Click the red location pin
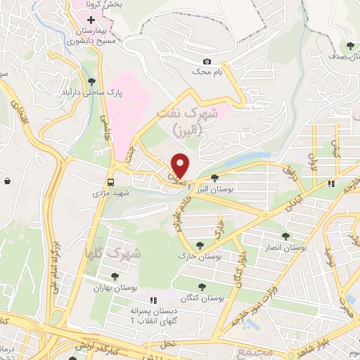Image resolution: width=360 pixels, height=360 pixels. pyautogui.click(x=181, y=165)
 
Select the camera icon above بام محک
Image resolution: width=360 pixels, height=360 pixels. pyautogui.click(x=207, y=61)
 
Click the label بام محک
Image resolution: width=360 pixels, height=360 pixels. pyautogui.click(x=207, y=72)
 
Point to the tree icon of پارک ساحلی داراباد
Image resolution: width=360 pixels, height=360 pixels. pyautogui.click(x=92, y=81)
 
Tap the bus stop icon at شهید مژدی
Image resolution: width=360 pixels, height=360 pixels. pyautogui.click(x=110, y=180)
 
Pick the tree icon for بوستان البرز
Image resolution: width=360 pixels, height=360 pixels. pyautogui.click(x=215, y=178)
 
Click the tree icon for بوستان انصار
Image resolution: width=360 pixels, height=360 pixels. pyautogui.click(x=285, y=237)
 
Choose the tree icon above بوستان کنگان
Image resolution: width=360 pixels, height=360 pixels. pyautogui.click(x=202, y=287)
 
